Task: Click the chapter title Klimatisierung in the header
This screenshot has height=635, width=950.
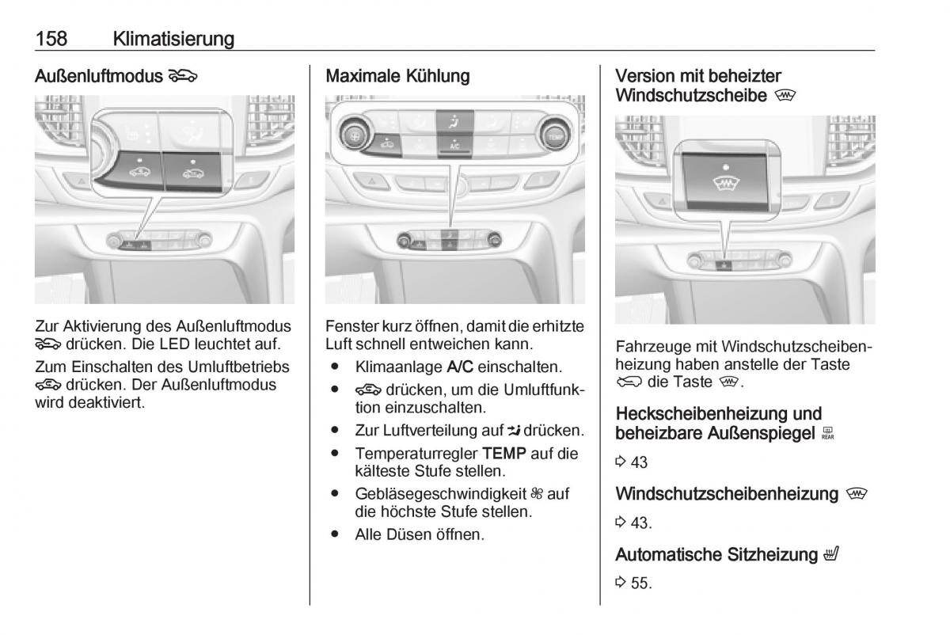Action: pyautogui.click(x=173, y=38)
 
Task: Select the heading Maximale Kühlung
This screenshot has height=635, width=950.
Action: pyautogui.click(x=397, y=76)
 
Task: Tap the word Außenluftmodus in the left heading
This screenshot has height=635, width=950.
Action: pyautogui.click(x=99, y=76)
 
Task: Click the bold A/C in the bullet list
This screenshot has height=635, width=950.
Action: pyautogui.click(x=462, y=367)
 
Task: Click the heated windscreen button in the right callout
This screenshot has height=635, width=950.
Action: pyautogui.click(x=724, y=181)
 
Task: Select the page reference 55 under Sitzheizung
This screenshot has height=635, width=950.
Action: pyautogui.click(x=640, y=584)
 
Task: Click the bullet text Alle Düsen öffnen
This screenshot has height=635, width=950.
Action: pyautogui.click(x=420, y=534)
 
